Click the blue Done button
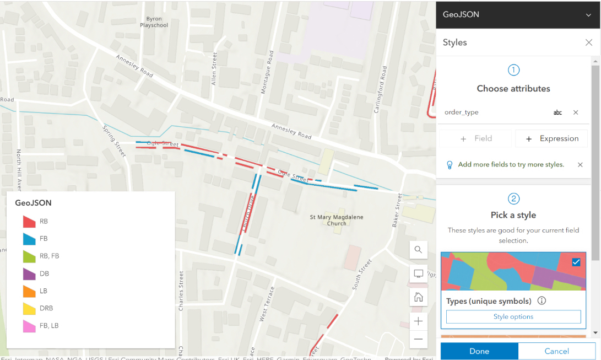[479, 351]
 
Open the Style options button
[513, 316]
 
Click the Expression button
[551, 138]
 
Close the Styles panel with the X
[588, 42]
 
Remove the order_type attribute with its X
[576, 112]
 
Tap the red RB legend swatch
[29, 222]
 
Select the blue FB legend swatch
[29, 239]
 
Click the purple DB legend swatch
[29, 273]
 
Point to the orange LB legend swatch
[29, 291]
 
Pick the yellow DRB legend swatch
[29, 308]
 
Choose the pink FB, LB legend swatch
[29, 326]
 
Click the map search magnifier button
[418, 250]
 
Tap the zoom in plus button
[418, 321]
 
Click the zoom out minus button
[418, 339]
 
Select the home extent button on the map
[418, 297]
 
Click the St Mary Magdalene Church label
[337, 220]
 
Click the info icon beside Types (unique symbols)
[542, 301]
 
